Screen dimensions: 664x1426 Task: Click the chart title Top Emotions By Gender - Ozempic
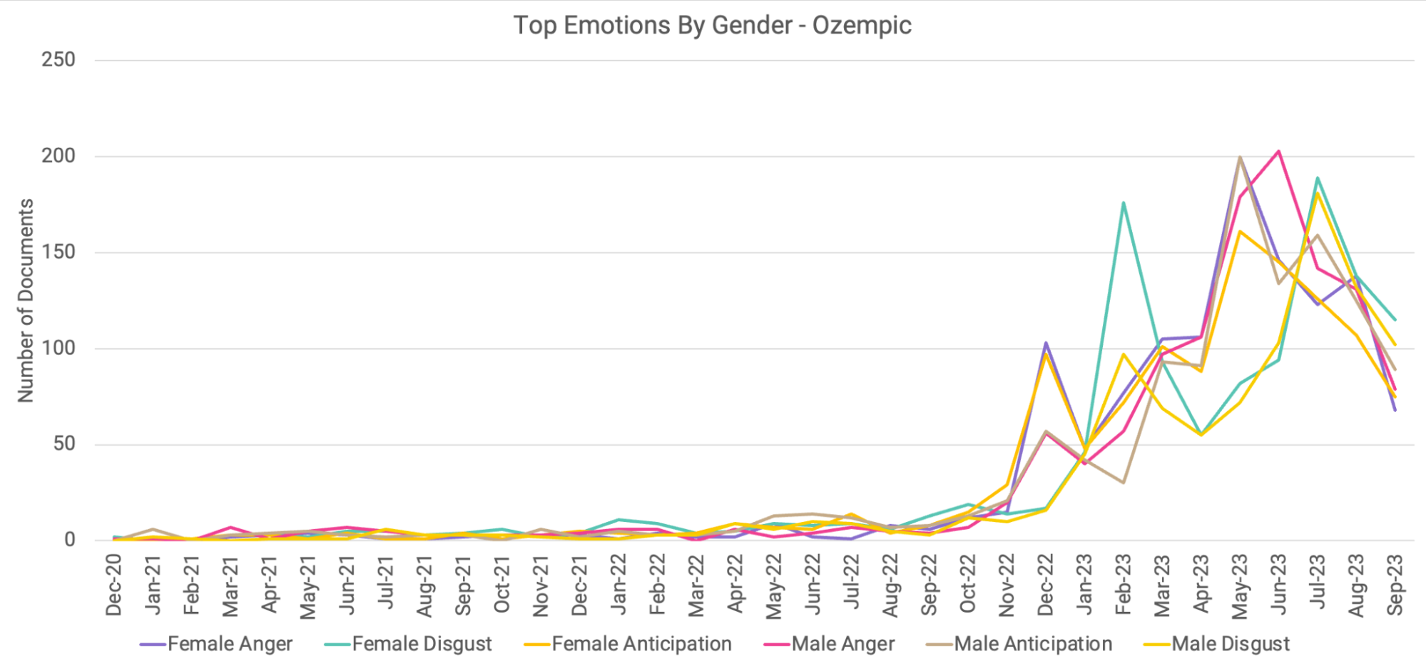click(712, 26)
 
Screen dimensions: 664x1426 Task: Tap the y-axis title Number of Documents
click(26, 301)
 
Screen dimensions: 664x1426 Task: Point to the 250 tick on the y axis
click(58, 60)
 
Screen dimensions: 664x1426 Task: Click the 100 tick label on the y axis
click(58, 348)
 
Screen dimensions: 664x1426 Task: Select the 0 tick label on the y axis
click(69, 540)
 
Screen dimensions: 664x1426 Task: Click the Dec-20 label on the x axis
click(114, 585)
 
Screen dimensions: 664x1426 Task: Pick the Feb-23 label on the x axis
click(1123, 585)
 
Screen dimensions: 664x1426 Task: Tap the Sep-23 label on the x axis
click(1395, 585)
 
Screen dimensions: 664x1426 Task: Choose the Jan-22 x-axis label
click(618, 585)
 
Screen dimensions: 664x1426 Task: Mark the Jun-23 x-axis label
click(1278, 585)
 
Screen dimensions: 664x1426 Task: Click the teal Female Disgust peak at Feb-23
click(1123, 203)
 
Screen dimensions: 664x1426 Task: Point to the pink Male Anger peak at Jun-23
click(1278, 151)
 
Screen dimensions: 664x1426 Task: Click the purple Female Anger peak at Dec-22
click(1046, 343)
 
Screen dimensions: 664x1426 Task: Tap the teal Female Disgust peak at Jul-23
click(1317, 178)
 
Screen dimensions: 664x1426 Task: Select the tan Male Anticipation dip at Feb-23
click(1123, 483)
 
